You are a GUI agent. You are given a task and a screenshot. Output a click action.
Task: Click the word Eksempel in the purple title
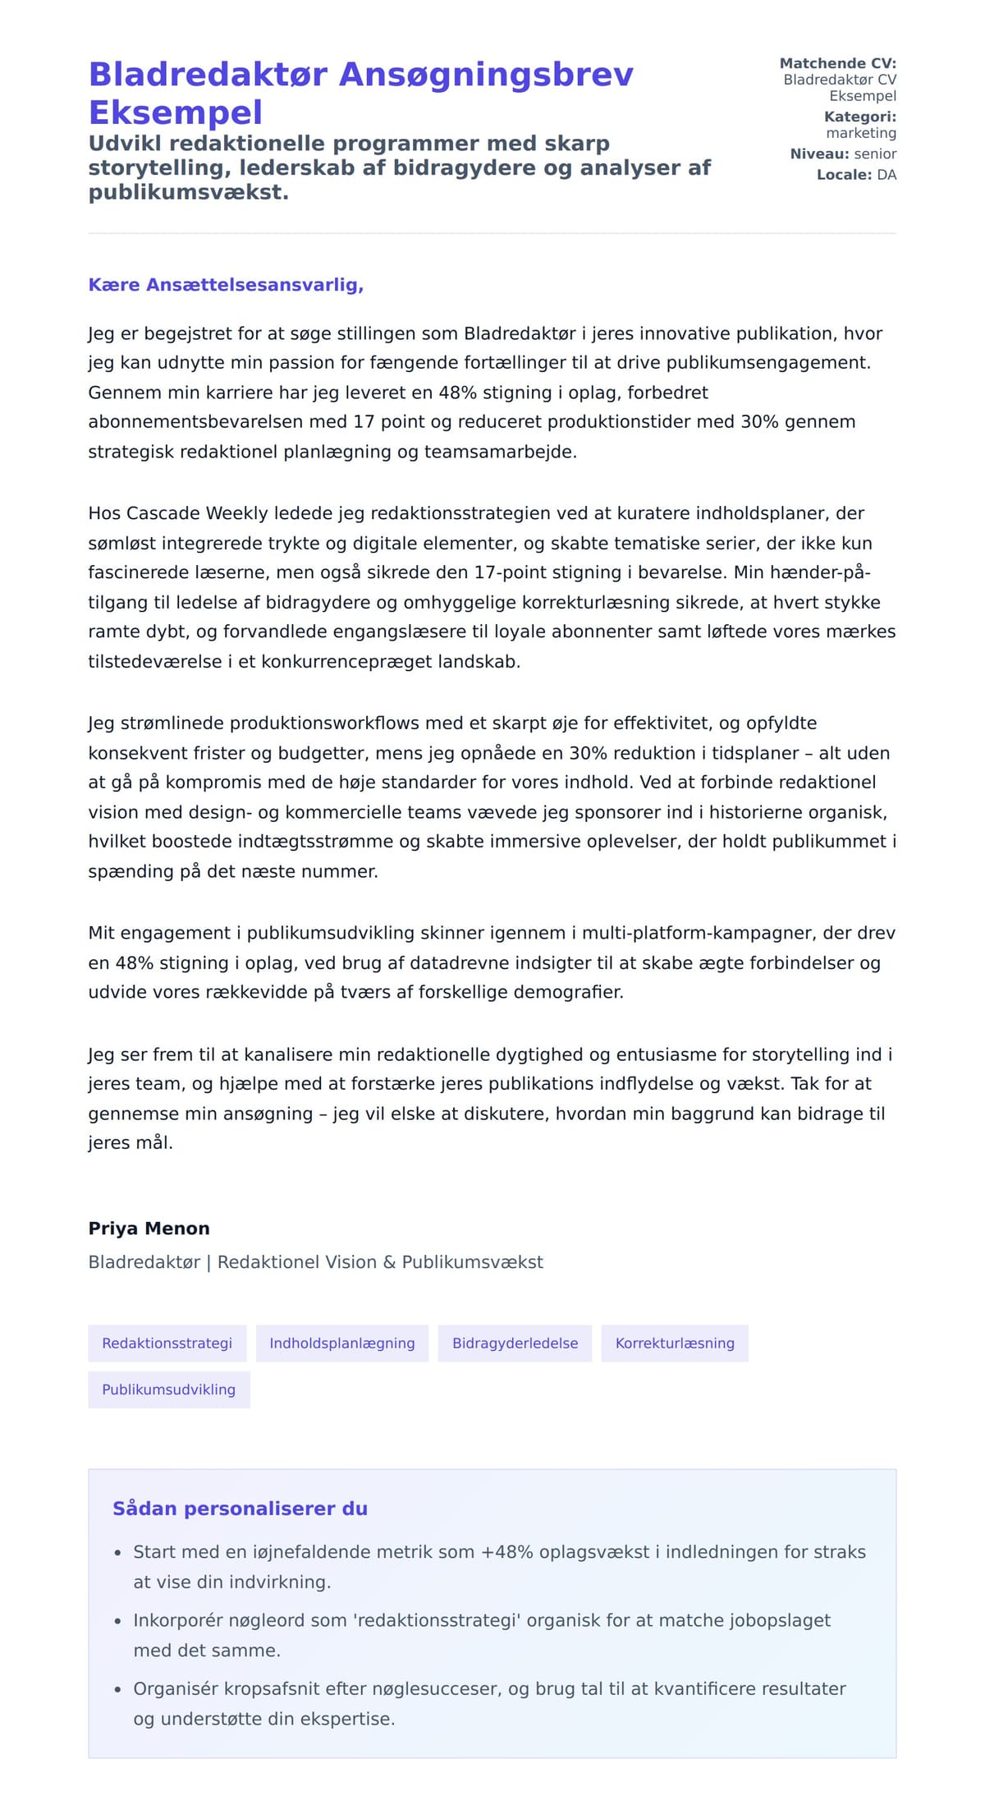[175, 113]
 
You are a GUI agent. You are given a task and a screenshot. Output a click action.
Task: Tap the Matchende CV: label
[837, 63]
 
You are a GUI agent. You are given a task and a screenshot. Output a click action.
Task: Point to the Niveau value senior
[875, 154]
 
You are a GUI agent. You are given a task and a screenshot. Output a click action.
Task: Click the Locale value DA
[886, 174]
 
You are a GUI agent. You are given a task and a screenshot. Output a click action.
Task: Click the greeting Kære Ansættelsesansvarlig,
[226, 285]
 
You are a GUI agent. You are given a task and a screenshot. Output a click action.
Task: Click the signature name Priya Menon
[149, 1228]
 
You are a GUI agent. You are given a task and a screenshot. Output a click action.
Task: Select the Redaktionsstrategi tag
[167, 1343]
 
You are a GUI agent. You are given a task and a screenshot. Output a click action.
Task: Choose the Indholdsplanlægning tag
[341, 1343]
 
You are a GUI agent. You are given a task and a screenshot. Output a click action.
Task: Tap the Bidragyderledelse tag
[515, 1343]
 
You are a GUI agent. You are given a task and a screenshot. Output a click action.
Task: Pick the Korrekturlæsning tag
[674, 1343]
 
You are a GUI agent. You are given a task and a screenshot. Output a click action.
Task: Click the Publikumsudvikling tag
[168, 1389]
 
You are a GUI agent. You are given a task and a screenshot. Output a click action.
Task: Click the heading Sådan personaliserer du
[240, 1509]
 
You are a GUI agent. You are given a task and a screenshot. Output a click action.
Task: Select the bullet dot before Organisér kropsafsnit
[117, 1690]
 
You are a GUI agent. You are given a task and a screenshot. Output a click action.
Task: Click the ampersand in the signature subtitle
[388, 1262]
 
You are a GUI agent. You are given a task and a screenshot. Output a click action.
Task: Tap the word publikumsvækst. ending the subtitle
[188, 193]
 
